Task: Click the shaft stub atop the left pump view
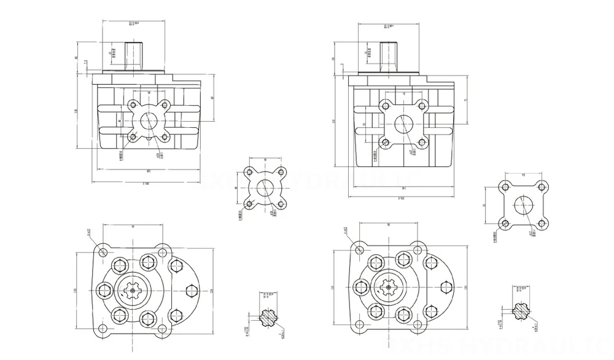click(x=134, y=55)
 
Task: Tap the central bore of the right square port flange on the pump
click(x=403, y=125)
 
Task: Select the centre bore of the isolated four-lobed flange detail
click(x=265, y=189)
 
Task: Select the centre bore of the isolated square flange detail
click(x=523, y=205)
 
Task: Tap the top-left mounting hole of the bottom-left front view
click(x=103, y=252)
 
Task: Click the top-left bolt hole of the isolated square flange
click(x=505, y=187)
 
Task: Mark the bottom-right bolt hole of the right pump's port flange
click(x=422, y=143)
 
